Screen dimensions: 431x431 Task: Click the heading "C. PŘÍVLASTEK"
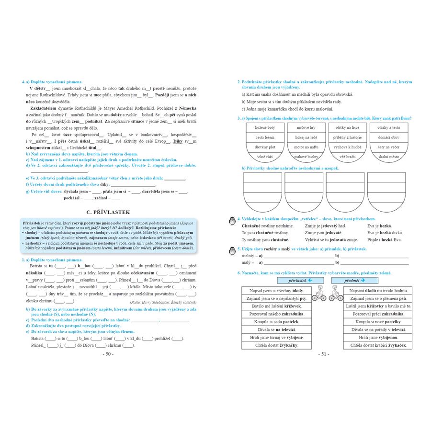pos(108,212)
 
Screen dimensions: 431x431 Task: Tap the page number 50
pos(108,354)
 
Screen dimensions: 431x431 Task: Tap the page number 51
pos(324,354)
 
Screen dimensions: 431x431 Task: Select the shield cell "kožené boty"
pos(265,128)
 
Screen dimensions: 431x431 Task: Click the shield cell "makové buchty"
pos(306,157)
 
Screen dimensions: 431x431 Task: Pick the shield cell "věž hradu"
pos(347,157)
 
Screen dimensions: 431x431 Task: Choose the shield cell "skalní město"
pos(388,157)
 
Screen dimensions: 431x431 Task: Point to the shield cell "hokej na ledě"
pos(306,137)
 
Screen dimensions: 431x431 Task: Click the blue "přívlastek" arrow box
pos(294,280)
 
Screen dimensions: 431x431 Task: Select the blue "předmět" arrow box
pos(361,280)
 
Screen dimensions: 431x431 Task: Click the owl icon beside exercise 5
pos(233,250)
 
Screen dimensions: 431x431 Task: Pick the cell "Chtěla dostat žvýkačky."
pos(277,345)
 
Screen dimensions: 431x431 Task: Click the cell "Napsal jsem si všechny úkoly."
pos(277,291)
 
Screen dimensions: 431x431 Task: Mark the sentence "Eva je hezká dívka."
pos(385,233)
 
